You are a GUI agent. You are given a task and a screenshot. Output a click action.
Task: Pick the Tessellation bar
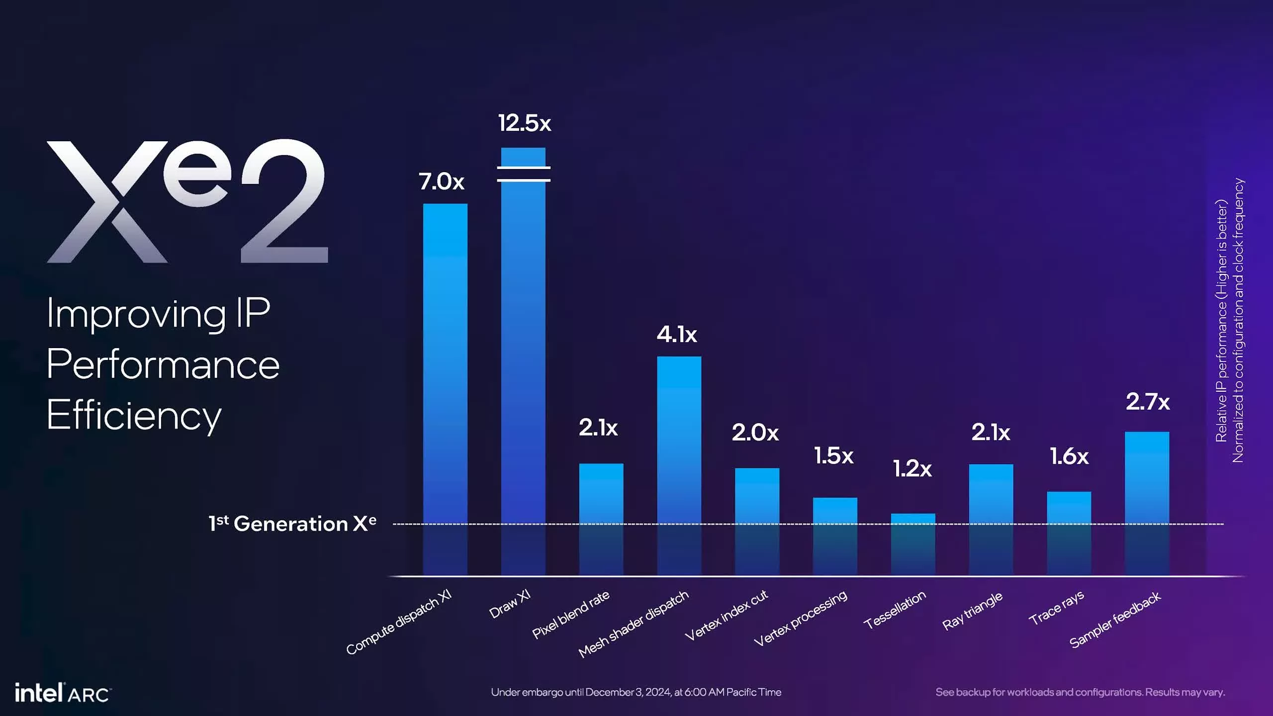913,544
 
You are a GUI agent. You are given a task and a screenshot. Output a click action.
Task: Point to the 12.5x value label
525,123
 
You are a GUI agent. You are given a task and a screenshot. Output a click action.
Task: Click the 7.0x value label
442,181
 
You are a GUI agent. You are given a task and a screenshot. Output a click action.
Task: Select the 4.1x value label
677,335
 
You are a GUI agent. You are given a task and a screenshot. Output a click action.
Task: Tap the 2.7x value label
1148,402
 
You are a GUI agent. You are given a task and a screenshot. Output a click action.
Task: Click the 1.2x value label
912,468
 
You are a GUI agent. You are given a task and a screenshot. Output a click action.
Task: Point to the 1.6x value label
1069,456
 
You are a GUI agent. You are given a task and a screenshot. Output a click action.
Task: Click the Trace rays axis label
1056,608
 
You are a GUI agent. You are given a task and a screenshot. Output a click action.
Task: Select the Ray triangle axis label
972,611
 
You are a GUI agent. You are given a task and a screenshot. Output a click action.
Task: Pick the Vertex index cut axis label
726,616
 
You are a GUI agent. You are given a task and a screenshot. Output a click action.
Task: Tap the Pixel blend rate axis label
571,615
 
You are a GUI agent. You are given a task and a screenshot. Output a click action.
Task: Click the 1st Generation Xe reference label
292,524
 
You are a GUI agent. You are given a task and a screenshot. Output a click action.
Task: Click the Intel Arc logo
62,693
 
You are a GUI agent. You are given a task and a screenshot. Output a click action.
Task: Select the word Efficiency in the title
134,416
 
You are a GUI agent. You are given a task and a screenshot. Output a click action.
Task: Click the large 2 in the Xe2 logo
283,201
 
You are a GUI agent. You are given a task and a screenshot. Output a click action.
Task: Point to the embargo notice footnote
636,692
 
